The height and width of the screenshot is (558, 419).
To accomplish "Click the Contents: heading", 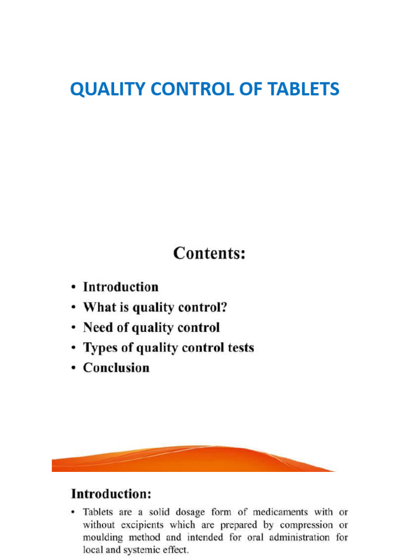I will coord(209,254).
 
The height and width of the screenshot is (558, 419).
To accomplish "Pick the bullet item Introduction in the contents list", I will coord(121,287).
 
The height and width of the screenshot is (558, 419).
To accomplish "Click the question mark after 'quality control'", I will coord(224,307).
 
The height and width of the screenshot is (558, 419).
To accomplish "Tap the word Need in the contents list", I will coord(97,327).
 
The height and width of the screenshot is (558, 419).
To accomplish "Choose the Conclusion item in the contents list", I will coord(116,368).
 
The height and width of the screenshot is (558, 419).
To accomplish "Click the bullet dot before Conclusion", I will coord(74,368).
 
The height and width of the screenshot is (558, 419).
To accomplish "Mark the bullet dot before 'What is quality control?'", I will coord(74,308).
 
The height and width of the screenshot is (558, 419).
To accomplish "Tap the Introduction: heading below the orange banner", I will coord(111,495).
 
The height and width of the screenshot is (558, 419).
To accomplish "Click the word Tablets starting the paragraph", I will coord(99,512).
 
